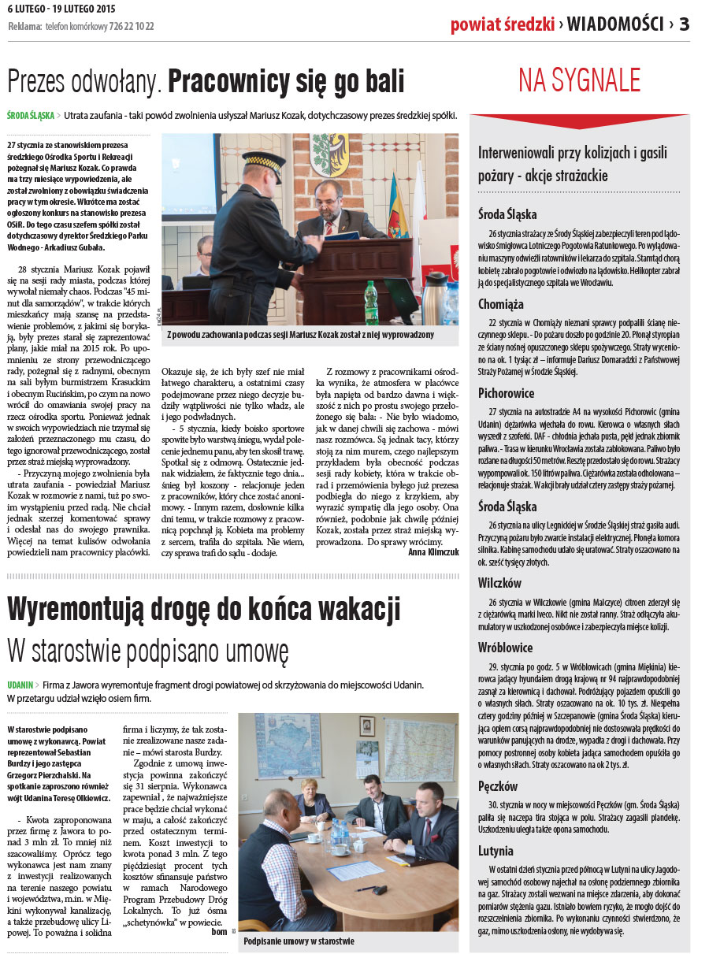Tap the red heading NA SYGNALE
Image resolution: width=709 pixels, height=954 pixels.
click(579, 80)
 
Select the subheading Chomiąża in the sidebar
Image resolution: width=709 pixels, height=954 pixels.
click(501, 303)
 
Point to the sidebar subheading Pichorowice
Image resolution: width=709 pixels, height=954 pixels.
click(507, 392)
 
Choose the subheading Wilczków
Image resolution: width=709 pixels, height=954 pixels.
click(499, 584)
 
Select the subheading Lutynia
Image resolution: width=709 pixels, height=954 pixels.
click(496, 851)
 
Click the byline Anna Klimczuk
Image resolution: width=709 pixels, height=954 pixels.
click(433, 552)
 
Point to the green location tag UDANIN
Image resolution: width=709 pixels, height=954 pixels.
click(20, 685)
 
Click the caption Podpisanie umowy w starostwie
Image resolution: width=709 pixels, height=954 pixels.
click(299, 941)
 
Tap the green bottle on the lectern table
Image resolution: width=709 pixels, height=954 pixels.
click(370, 303)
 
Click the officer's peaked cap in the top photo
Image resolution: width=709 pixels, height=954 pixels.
click(263, 158)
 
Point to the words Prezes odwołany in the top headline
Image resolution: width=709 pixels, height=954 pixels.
click(84, 81)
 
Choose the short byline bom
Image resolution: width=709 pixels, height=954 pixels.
click(219, 932)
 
